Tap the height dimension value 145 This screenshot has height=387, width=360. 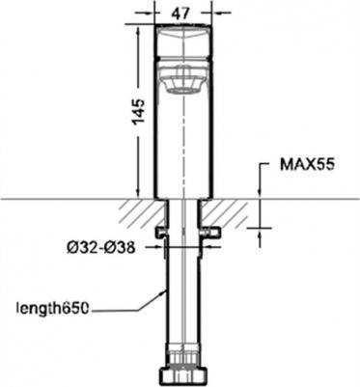[137, 114]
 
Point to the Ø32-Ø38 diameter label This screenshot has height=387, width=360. [100, 247]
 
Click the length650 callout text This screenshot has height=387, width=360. [52, 309]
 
